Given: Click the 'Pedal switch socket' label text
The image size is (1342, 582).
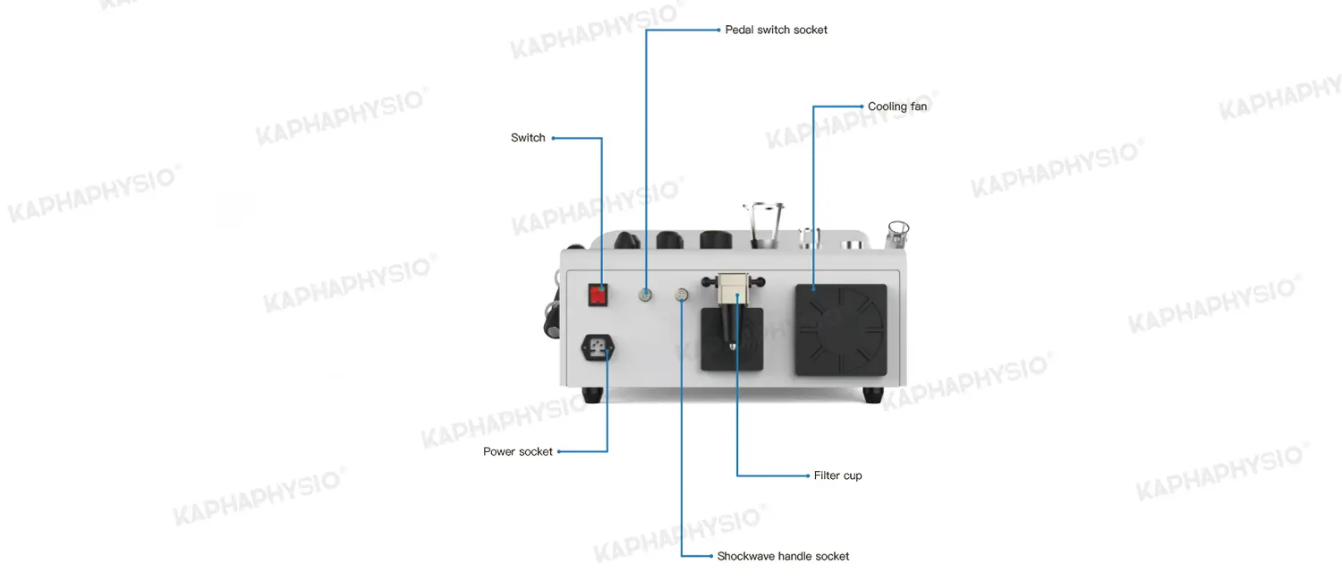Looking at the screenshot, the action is point(776,30).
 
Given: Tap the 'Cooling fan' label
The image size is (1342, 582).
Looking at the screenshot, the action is point(896,107).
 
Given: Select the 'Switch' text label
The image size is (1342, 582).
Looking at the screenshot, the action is point(528,138).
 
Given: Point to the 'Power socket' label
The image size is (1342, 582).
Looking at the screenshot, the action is point(518,452).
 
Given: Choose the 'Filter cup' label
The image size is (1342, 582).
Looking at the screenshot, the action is point(837,476).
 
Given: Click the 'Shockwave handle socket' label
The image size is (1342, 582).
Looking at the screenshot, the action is point(783,556).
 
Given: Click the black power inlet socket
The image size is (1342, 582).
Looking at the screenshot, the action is point(598,347).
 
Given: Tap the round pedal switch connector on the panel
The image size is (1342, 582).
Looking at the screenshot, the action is point(645,295).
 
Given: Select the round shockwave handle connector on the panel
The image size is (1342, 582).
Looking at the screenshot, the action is point(682,295).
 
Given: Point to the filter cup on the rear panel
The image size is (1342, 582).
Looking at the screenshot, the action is point(734,310).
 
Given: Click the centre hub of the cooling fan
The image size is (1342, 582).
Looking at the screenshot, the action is point(841,330).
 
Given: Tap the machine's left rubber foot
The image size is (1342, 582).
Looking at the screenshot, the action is point(592,395).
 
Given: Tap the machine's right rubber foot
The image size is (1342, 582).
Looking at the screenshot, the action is point(873,395).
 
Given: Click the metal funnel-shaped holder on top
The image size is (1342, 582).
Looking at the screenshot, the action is point(764,226).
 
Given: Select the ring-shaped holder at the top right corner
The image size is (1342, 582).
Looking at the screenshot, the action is point(897,234).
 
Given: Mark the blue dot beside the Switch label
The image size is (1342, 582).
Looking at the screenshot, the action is point(553,139).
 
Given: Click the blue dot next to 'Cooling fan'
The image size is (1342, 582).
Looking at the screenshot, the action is point(862,107).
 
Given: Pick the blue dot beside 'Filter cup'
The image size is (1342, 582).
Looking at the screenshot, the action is point(808,476).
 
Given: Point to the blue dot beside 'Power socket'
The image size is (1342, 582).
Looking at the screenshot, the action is point(559,452).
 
